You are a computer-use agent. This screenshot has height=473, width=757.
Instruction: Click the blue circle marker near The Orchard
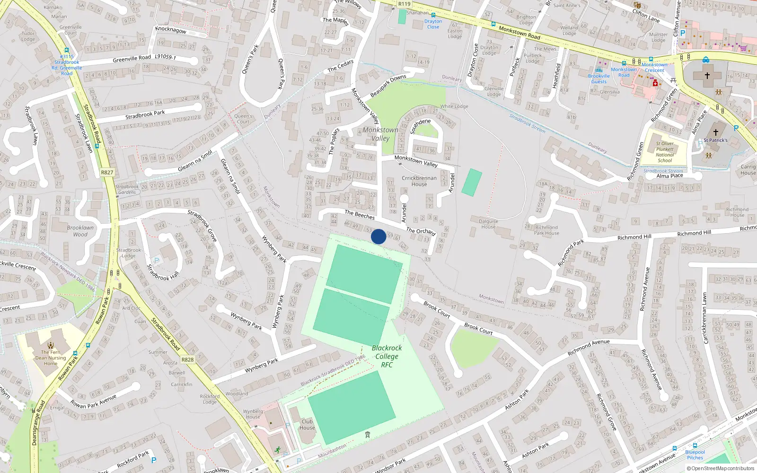pyautogui.click(x=378, y=236)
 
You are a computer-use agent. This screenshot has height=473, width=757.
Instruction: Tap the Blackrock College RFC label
pyautogui.click(x=387, y=356)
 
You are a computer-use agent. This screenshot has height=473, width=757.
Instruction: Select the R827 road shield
pyautogui.click(x=107, y=173)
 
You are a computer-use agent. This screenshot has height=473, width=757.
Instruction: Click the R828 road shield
pyautogui.click(x=187, y=359)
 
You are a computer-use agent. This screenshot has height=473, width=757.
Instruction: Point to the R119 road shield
pyautogui.click(x=404, y=4)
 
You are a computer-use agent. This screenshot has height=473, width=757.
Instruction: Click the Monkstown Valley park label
pyautogui.click(x=380, y=134)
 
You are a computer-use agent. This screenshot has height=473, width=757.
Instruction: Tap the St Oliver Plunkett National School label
pyautogui.click(x=665, y=152)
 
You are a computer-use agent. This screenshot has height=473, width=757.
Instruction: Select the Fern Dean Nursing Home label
pyautogui.click(x=51, y=358)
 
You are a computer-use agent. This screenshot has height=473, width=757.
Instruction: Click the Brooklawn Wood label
pyautogui.click(x=80, y=231)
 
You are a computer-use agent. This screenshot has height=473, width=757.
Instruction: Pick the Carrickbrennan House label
pyautogui.click(x=419, y=181)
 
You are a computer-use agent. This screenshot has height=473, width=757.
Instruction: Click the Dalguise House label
pyautogui.click(x=488, y=224)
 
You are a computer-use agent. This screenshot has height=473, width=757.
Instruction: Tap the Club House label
pyautogui.click(x=307, y=424)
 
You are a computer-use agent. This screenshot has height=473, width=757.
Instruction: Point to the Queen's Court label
pyautogui.click(x=243, y=119)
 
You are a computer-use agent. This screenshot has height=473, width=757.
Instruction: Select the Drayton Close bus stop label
pyautogui.click(x=433, y=24)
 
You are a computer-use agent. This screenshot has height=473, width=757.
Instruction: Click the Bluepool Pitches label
pyautogui.click(x=695, y=455)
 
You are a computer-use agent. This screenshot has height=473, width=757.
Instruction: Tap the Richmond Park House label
pyautogui.click(x=546, y=230)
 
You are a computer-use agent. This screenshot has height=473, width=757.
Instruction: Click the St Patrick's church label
pyautogui.click(x=715, y=140)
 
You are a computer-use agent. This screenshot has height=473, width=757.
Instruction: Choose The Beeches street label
pyautogui.click(x=360, y=215)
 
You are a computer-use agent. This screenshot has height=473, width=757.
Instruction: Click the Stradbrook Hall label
pyautogui.click(x=163, y=272)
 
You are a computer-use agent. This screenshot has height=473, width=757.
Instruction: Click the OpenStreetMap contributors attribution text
pyautogui.click(x=720, y=468)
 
